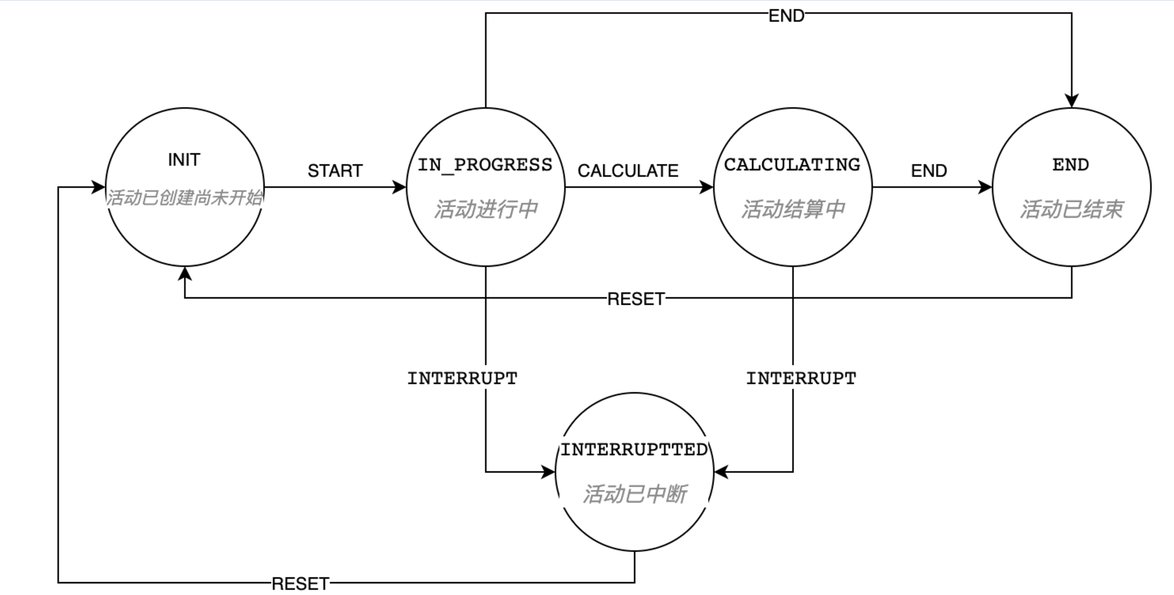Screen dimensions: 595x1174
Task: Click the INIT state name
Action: click(x=184, y=159)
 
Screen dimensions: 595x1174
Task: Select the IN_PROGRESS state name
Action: click(x=485, y=165)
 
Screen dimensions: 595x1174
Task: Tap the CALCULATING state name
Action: click(x=792, y=165)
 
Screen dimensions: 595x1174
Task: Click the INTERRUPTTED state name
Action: click(x=634, y=450)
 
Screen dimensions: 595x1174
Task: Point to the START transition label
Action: click(x=335, y=171)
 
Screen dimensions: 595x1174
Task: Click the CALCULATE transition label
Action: click(x=627, y=171)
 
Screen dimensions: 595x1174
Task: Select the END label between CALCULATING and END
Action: click(x=928, y=171)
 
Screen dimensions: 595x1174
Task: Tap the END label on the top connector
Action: click(x=786, y=16)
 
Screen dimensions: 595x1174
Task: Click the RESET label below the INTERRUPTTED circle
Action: click(x=300, y=583)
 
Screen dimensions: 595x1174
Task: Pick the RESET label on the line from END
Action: click(x=636, y=299)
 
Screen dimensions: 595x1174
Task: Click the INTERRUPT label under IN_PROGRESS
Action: click(x=462, y=378)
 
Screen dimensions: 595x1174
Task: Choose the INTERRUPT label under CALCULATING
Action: click(x=800, y=378)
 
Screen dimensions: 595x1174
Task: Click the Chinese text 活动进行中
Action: click(x=486, y=209)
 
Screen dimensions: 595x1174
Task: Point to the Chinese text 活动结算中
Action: click(x=793, y=209)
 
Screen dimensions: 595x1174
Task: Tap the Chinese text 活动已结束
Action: click(x=1071, y=209)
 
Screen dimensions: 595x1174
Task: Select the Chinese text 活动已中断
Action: click(x=634, y=494)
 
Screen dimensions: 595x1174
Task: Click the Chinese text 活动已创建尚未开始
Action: click(x=184, y=198)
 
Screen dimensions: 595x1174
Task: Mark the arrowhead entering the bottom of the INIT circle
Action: click(x=185, y=274)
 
